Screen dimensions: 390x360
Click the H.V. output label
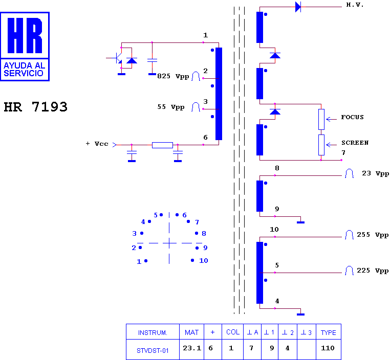355,5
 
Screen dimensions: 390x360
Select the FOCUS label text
352,117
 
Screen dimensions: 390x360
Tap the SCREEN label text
355,143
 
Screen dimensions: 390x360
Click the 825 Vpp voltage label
173,76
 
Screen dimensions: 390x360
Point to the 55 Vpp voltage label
171,107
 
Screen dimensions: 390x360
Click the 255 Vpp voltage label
373,235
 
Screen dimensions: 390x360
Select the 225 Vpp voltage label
373,271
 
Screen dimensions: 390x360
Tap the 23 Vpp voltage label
375,173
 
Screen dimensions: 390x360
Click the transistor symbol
117,58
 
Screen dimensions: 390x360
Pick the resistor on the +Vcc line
162,145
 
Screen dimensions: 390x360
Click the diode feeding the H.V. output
298,7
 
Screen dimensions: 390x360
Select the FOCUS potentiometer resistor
321,119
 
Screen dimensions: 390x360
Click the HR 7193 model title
35,107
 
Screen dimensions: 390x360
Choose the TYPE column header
328,332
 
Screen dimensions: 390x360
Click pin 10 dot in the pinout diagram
192,260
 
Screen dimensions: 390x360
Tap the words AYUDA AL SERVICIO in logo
24,70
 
